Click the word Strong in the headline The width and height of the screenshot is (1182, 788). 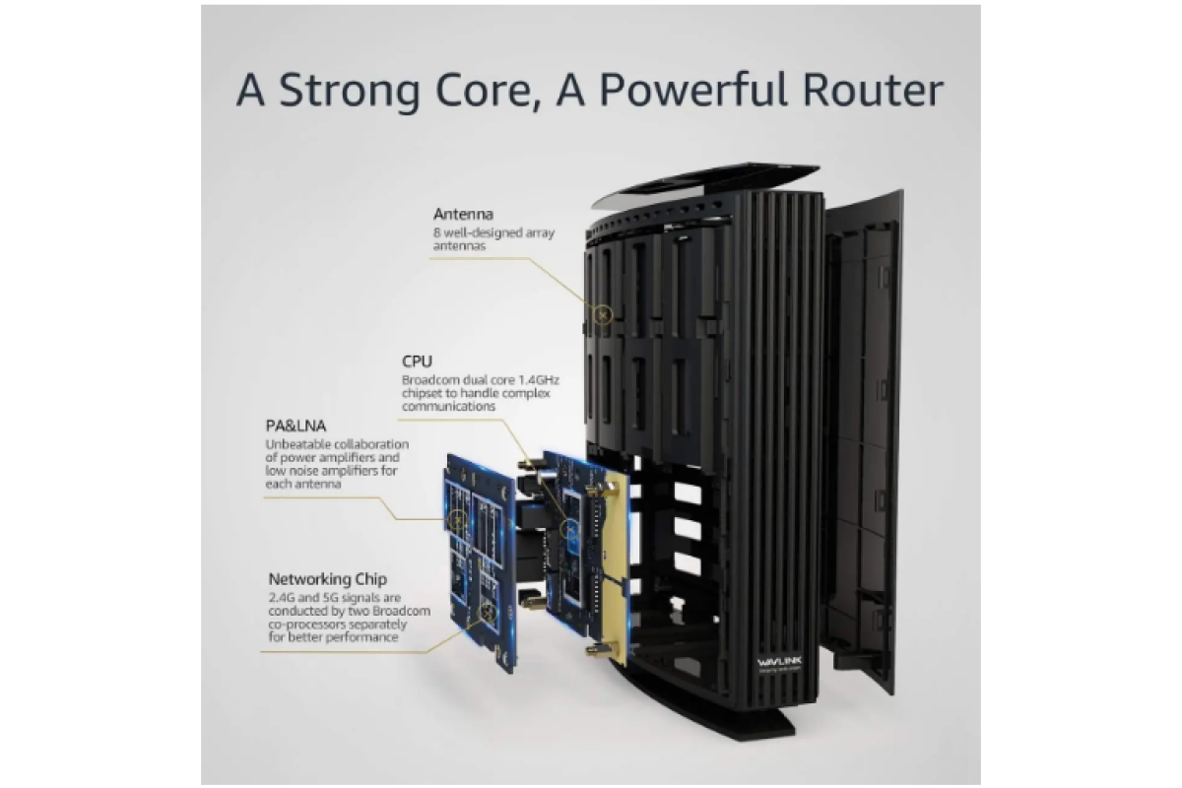click(x=349, y=92)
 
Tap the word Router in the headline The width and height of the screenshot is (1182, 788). click(x=874, y=91)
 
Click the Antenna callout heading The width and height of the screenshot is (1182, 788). click(x=463, y=215)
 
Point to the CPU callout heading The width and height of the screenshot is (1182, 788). click(x=417, y=361)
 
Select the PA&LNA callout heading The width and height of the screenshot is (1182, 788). click(x=295, y=426)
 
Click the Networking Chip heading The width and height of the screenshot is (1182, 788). click(x=328, y=579)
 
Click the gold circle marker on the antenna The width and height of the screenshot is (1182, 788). click(x=603, y=315)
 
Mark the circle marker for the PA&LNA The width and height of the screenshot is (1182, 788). click(x=458, y=520)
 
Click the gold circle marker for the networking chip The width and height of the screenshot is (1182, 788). click(x=489, y=613)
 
